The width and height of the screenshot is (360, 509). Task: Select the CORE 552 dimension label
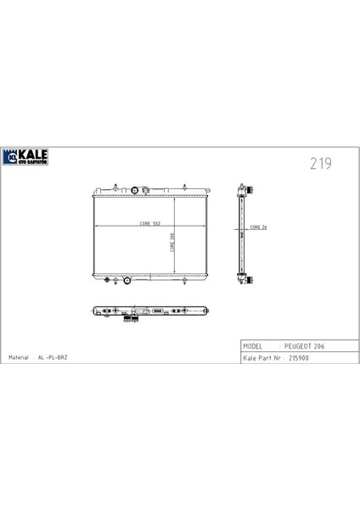coord(127,225)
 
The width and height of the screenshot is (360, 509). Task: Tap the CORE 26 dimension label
coord(257,228)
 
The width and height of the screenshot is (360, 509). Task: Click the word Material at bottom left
coord(19,358)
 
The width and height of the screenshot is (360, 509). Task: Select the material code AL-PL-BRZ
coord(52,358)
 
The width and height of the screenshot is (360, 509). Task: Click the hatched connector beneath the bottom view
coord(129,319)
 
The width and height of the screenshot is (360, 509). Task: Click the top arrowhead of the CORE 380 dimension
coord(176,199)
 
